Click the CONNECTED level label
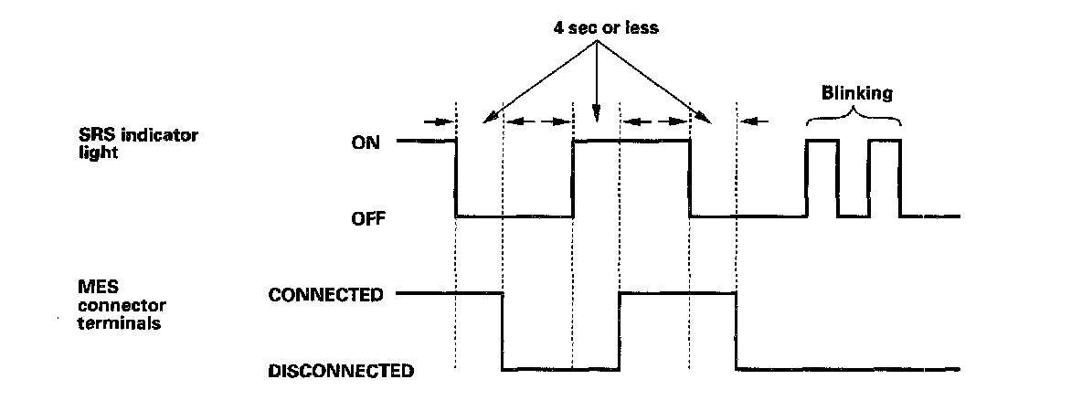[x=324, y=295]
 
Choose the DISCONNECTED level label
[x=341, y=371]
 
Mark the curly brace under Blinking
[x=854, y=116]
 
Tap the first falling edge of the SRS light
[x=456, y=179]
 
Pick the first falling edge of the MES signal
[x=503, y=332]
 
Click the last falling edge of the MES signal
[x=737, y=332]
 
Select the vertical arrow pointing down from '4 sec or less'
[x=597, y=82]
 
